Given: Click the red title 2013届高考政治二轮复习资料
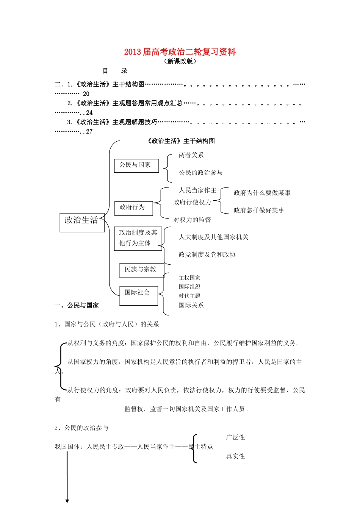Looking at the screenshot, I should [180, 52].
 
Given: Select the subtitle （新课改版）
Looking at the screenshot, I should [180, 61].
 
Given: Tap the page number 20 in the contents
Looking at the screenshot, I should [86, 94].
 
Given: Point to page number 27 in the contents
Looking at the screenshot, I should [89, 132].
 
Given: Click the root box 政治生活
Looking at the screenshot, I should [82, 222].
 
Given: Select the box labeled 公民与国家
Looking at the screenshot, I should [136, 166].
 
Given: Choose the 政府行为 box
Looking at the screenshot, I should [133, 208].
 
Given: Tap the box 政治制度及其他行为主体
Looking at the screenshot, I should [138, 238].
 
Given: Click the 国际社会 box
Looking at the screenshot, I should [138, 295].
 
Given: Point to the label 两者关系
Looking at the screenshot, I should [191, 155].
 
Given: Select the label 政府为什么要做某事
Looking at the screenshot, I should [262, 193].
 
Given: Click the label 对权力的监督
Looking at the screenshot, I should [192, 220].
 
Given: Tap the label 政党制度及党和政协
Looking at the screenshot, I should [207, 254].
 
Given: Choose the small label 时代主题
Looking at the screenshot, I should [189, 296].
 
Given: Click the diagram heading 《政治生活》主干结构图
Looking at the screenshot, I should [180, 141].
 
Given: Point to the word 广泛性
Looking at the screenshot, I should [235, 437].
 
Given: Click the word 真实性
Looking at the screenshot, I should [235, 456].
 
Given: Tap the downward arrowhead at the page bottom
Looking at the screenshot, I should [67, 501].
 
